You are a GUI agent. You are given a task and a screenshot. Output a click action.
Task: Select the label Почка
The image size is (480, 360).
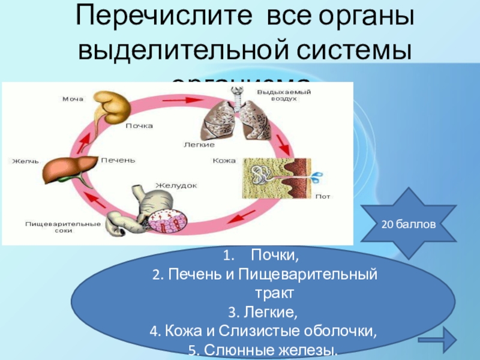point(140,126)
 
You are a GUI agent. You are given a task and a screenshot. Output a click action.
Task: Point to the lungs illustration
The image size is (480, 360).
point(227,117)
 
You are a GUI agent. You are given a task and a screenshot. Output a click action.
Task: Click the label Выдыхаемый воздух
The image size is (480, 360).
point(277,95)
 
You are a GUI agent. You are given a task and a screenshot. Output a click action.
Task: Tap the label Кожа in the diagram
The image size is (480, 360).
point(224,161)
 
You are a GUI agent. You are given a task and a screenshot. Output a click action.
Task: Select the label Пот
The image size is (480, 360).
point(323,196)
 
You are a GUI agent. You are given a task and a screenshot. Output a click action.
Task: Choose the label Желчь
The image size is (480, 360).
point(25,161)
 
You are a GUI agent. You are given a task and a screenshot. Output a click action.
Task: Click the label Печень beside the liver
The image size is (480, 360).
point(118,160)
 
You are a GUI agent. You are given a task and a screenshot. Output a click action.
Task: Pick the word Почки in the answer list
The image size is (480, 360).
point(274,257)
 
